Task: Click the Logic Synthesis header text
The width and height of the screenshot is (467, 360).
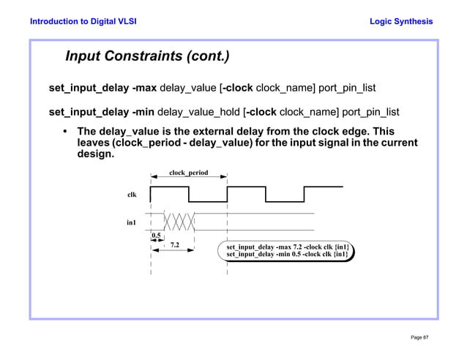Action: click(x=401, y=21)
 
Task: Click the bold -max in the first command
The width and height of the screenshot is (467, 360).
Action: click(x=144, y=89)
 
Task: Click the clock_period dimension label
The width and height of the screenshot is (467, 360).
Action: click(x=188, y=173)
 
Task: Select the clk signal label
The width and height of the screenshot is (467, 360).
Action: click(x=132, y=195)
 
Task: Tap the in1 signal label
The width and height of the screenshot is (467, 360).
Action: click(x=131, y=222)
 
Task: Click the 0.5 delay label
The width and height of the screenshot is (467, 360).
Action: click(x=156, y=236)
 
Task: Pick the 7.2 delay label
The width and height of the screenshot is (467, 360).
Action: click(x=175, y=245)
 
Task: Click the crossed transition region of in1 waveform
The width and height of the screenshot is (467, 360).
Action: click(x=179, y=220)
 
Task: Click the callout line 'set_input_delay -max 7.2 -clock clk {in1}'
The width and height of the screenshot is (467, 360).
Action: click(x=287, y=247)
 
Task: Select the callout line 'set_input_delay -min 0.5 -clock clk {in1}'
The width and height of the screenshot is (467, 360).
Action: click(x=287, y=255)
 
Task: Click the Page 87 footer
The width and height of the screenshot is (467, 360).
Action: click(x=419, y=336)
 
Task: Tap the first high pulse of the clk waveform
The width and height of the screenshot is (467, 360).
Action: click(x=169, y=187)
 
